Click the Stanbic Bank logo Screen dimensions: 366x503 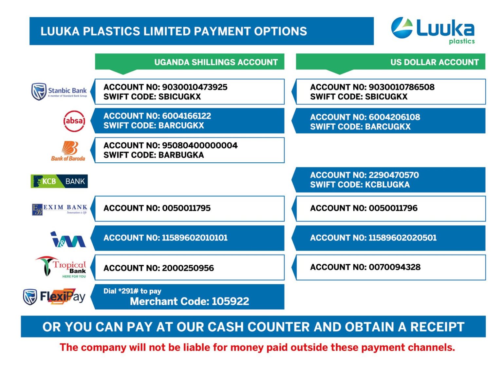59,91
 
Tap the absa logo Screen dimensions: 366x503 74,121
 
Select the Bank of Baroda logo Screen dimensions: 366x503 68,151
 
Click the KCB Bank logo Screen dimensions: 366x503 59,181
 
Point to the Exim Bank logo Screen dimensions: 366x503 60,209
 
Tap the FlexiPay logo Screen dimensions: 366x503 54,297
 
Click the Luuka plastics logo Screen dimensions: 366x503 433,30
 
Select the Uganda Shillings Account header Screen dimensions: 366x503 216,62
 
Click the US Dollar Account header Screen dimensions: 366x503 434,62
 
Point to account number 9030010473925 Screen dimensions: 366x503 195,87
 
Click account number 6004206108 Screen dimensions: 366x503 394,117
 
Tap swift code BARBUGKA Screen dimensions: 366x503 181,155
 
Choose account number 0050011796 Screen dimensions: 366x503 393,208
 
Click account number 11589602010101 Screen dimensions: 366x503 195,238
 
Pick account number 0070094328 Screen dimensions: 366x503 395,267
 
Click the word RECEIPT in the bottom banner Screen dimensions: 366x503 437,327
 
